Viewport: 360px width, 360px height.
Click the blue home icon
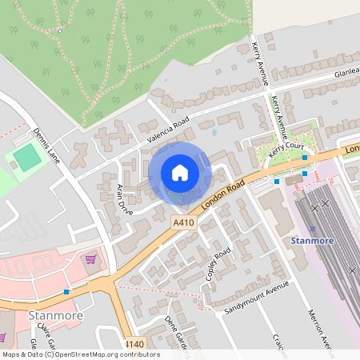[x=180, y=173]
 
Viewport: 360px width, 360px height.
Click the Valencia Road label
[x=166, y=130]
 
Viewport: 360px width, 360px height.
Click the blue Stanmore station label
[x=311, y=240]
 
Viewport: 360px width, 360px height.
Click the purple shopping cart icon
[x=91, y=258]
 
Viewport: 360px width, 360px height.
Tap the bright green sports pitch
[x=27, y=158]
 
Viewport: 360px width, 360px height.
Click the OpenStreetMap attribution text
[x=80, y=354]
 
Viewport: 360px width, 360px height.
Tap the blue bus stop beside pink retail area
[x=66, y=291]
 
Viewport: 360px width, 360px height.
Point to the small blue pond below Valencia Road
[x=214, y=130]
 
